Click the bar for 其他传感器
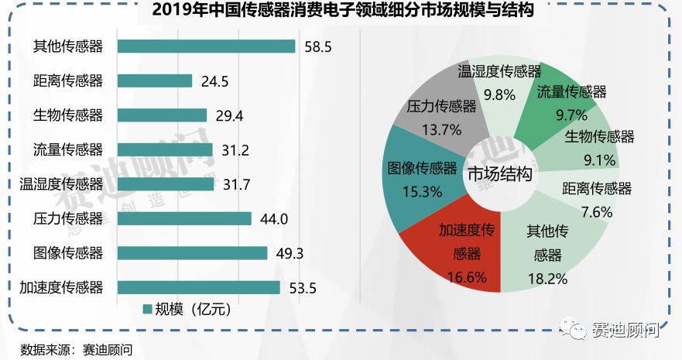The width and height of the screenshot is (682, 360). pyautogui.click(x=206, y=46)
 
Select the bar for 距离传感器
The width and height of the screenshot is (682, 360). pyautogui.click(x=155, y=81)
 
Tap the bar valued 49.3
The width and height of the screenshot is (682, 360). pyautogui.click(x=192, y=253)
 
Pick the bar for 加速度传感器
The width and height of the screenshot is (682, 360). pyautogui.click(x=198, y=287)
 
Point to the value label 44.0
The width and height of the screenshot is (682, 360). pyautogui.click(x=274, y=219)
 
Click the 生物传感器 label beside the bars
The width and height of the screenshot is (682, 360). pyautogui.click(x=68, y=115)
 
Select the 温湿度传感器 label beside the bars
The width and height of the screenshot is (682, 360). pyautogui.click(x=61, y=184)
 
